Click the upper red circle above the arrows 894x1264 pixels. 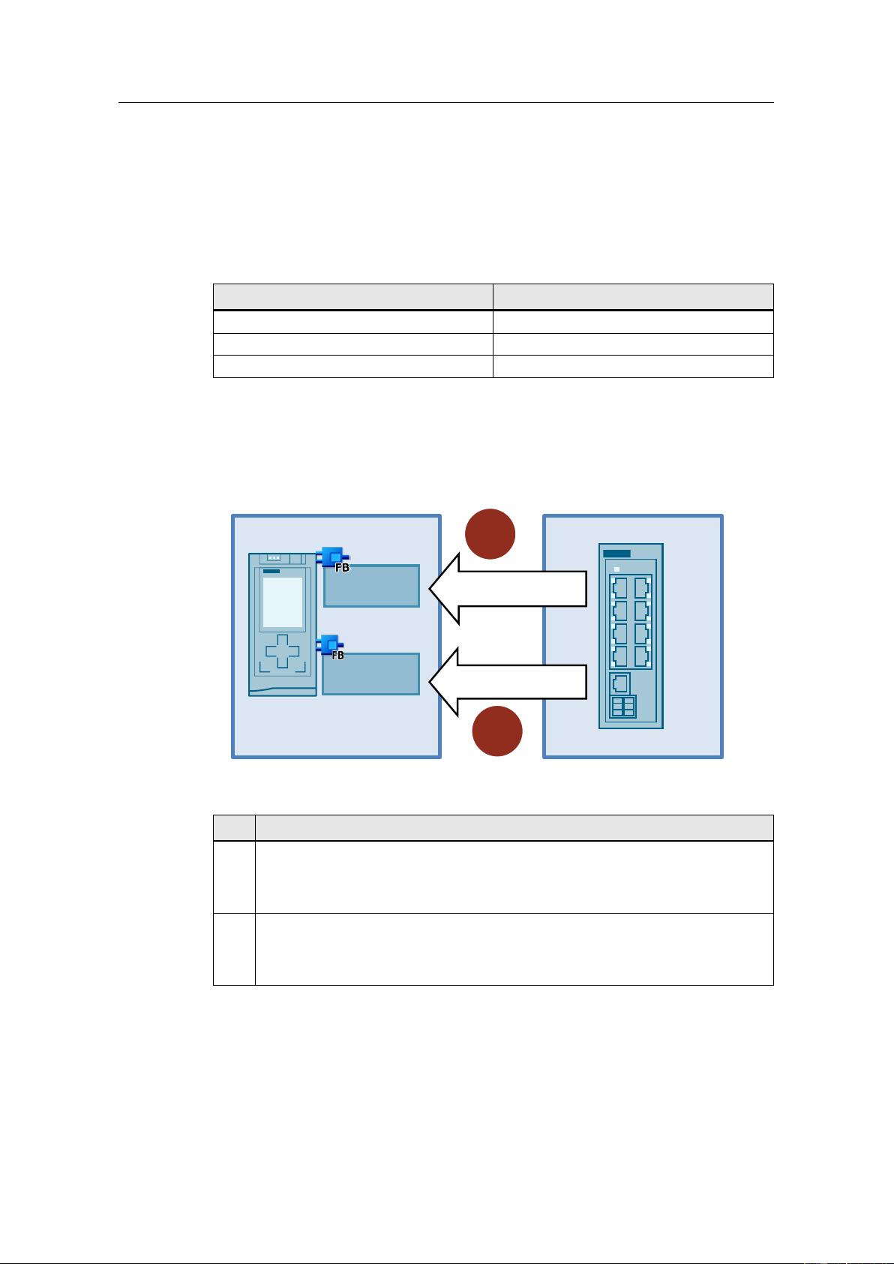490,534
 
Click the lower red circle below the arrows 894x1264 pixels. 497,731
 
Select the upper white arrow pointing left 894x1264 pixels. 508,589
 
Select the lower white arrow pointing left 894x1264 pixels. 508,682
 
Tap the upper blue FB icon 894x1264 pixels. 333,559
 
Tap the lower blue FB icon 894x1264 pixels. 331,647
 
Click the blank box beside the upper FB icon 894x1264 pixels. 372,586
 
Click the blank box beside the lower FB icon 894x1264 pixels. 371,674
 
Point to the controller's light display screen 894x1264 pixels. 283,602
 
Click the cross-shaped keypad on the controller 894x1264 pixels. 283,651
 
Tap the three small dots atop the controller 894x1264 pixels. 274,558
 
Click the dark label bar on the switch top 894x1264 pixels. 616,554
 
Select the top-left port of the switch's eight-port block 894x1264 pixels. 620,588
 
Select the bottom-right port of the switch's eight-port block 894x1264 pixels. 641,656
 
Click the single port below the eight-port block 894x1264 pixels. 620,683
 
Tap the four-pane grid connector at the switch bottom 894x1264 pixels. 623,707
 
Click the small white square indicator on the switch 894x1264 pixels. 616,569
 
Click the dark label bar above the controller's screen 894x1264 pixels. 271,571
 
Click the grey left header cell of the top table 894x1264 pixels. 353,297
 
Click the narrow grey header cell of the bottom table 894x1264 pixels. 234,828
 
